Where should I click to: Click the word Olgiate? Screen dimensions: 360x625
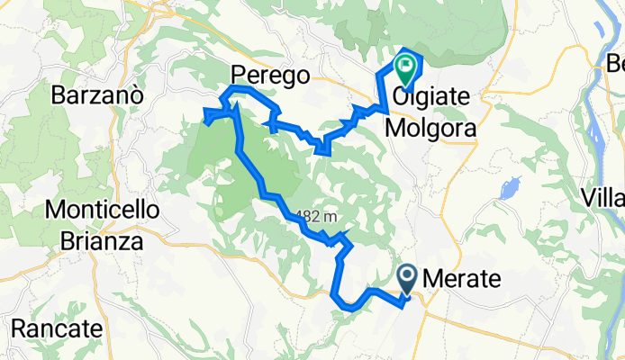point(429,97)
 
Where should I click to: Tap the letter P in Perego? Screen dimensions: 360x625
point(238,75)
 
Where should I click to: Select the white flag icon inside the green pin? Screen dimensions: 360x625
point(405,65)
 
